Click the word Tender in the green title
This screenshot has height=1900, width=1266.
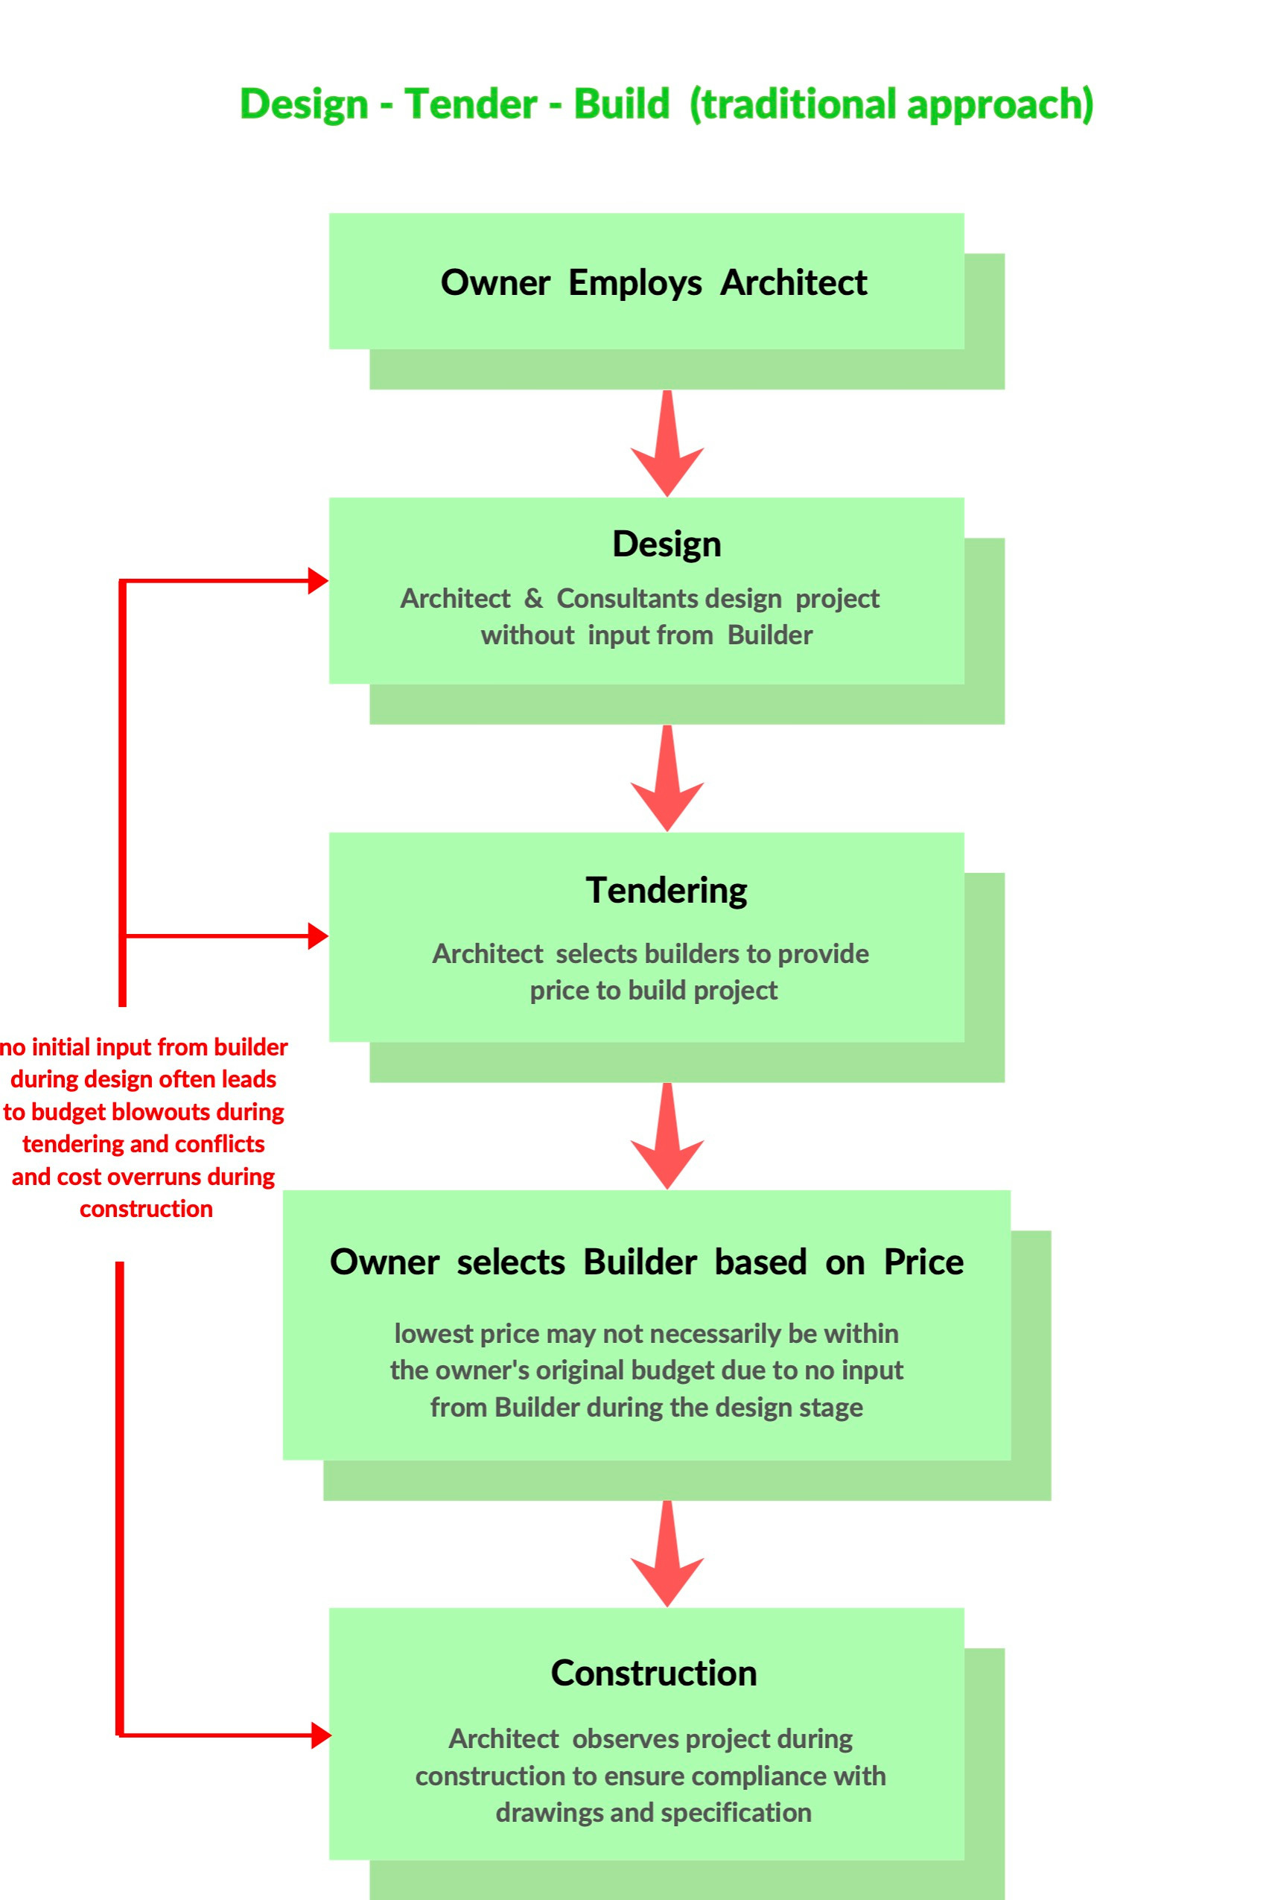(471, 104)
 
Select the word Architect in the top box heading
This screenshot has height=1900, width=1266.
(793, 282)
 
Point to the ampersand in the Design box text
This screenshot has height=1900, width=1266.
(533, 598)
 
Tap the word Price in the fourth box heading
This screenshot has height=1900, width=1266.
(923, 1262)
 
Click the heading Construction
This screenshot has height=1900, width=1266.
(653, 1673)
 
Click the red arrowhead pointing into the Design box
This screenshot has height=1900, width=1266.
(318, 581)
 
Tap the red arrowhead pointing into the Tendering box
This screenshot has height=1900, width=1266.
(318, 936)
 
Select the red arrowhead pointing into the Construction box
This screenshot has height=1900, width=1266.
(320, 1735)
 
